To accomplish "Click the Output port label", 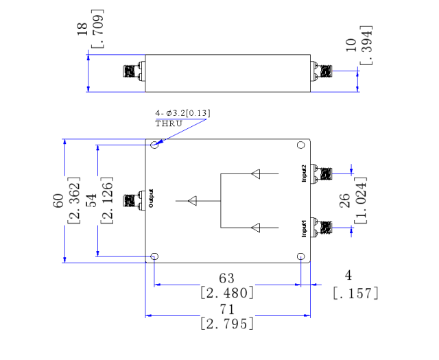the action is (151, 198).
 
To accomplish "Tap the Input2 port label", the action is (304, 173).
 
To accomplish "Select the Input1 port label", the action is (304, 228).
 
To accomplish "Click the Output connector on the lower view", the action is (134, 201).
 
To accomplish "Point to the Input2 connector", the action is (321, 174).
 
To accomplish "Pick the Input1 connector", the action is (321, 228).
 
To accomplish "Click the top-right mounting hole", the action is (300, 145).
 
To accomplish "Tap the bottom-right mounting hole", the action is (300, 256).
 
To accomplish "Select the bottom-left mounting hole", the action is (154, 256).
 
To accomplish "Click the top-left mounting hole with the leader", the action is (154, 145).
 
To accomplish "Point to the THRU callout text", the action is (169, 123).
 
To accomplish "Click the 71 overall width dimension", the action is (227, 309).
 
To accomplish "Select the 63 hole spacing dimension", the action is (227, 278).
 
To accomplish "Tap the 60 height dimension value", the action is (58, 200).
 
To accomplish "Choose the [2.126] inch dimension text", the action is (107, 200).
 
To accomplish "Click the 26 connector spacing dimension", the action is (345, 200).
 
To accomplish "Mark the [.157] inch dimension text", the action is (355, 293).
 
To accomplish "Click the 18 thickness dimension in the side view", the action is (82, 29).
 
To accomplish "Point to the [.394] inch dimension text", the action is (366, 45).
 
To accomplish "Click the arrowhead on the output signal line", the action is (192, 201).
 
